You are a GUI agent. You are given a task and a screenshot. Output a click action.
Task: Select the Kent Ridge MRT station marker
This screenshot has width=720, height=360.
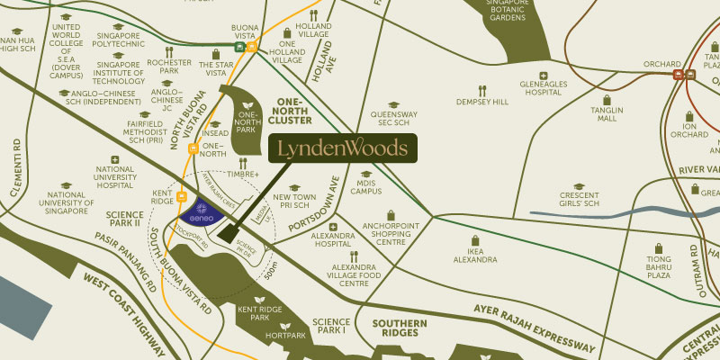pos(182,196)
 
